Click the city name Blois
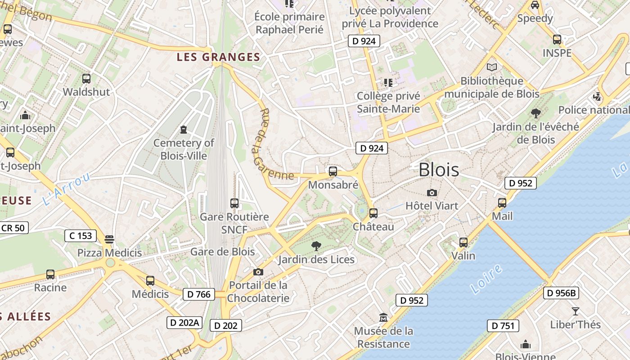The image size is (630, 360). pyautogui.click(x=439, y=170)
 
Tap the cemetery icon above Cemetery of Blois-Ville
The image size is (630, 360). pyautogui.click(x=184, y=130)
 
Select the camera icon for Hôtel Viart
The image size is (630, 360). pyautogui.click(x=432, y=193)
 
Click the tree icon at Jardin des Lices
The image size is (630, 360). pyautogui.click(x=316, y=246)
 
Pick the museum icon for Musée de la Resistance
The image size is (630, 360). pyautogui.click(x=383, y=318)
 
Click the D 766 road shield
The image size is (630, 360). pyautogui.click(x=198, y=294)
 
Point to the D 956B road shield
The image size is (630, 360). pyautogui.click(x=561, y=293)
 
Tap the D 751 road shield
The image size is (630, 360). pyautogui.click(x=503, y=326)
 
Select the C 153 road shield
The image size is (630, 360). pyautogui.click(x=81, y=235)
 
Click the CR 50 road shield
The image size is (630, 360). pyautogui.click(x=13, y=228)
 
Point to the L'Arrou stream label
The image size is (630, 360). pyautogui.click(x=67, y=189)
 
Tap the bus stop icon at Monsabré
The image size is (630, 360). pyautogui.click(x=333, y=171)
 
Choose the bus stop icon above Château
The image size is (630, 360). pyautogui.click(x=373, y=213)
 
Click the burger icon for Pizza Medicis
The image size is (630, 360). pyautogui.click(x=109, y=239)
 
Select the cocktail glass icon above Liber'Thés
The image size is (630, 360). pyautogui.click(x=575, y=311)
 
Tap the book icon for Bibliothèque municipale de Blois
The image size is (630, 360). pyautogui.click(x=492, y=67)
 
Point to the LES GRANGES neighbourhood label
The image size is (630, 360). pyautogui.click(x=219, y=57)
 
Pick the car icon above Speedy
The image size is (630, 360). pyautogui.click(x=535, y=5)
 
